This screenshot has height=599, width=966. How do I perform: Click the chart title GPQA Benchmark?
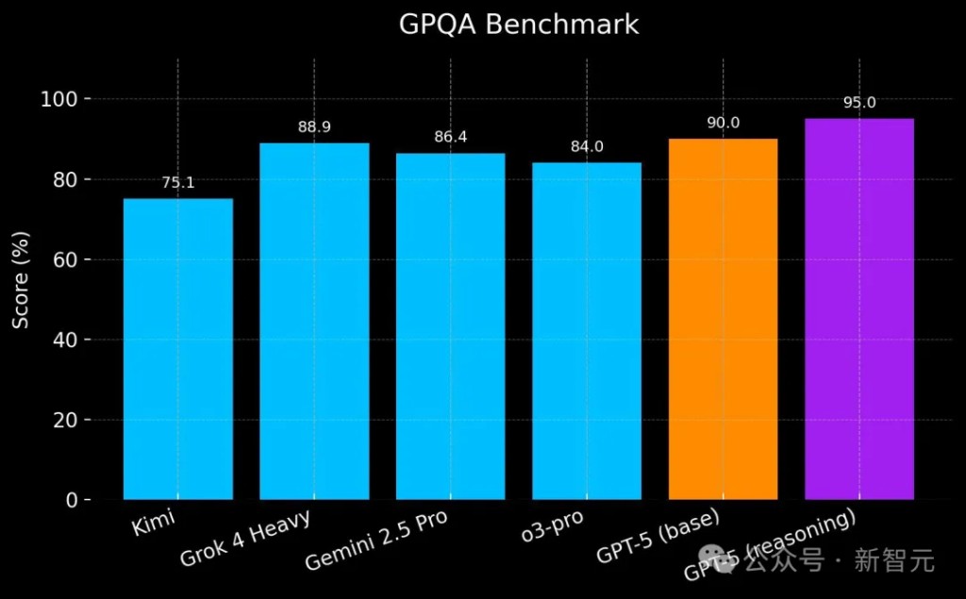pos(519,25)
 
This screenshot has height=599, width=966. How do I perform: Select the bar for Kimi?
pos(178,349)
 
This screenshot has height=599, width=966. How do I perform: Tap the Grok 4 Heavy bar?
pos(314,321)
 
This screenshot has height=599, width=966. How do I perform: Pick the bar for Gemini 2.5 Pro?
pos(450,325)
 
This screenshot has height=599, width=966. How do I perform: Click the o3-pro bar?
pos(587,330)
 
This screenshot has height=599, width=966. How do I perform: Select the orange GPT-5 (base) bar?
pos(723,319)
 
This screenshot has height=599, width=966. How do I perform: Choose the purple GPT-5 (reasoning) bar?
pos(859,308)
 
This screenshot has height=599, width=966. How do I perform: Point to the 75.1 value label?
pos(178,183)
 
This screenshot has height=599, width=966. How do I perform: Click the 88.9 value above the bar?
pos(314,127)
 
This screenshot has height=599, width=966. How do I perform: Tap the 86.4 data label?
pos(450,138)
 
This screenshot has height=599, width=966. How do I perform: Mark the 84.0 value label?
pos(587,147)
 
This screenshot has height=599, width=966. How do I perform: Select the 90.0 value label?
pos(723,124)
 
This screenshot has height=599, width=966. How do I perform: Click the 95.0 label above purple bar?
pos(859,103)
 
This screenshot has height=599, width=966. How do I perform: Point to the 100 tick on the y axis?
pos(65,99)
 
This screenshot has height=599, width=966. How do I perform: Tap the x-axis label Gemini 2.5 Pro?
pos(375,541)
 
